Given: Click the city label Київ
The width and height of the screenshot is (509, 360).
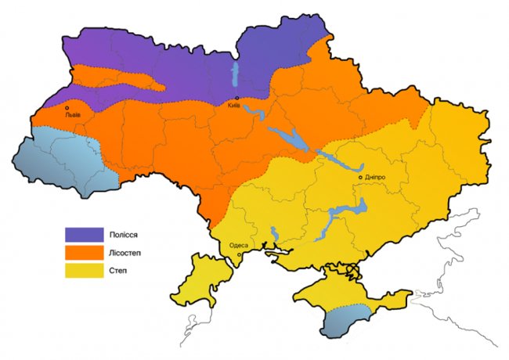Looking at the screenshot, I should point(233,106).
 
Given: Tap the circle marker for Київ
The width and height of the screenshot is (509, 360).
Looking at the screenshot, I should point(237,98).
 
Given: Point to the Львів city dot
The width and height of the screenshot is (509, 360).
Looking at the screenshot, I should point(67,108).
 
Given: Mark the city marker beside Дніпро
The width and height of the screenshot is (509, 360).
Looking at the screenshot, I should point(360,178).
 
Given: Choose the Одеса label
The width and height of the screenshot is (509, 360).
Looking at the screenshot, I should point(238,246).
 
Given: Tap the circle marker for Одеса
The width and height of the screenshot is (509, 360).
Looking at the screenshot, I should point(239,254).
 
